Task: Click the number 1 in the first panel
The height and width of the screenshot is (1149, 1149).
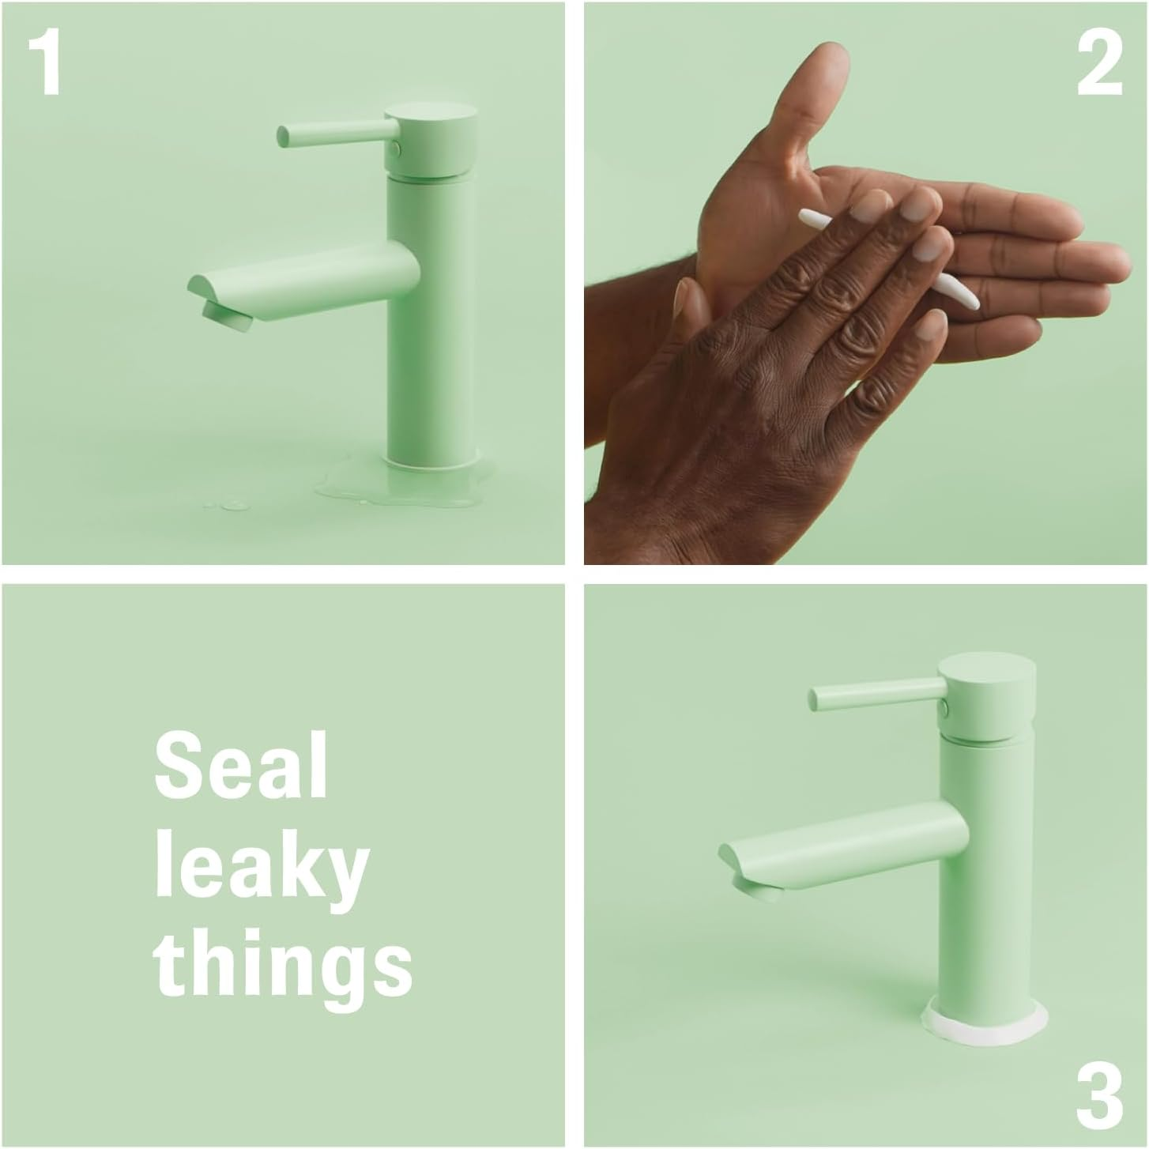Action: pyautogui.click(x=46, y=62)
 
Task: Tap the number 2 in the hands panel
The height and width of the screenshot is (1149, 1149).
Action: pyautogui.click(x=1099, y=62)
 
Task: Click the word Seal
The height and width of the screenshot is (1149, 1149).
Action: pyautogui.click(x=241, y=765)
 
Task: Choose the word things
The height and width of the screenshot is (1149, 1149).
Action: pyautogui.click(x=283, y=969)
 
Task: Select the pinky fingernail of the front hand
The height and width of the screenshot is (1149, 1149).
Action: pyautogui.click(x=932, y=326)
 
